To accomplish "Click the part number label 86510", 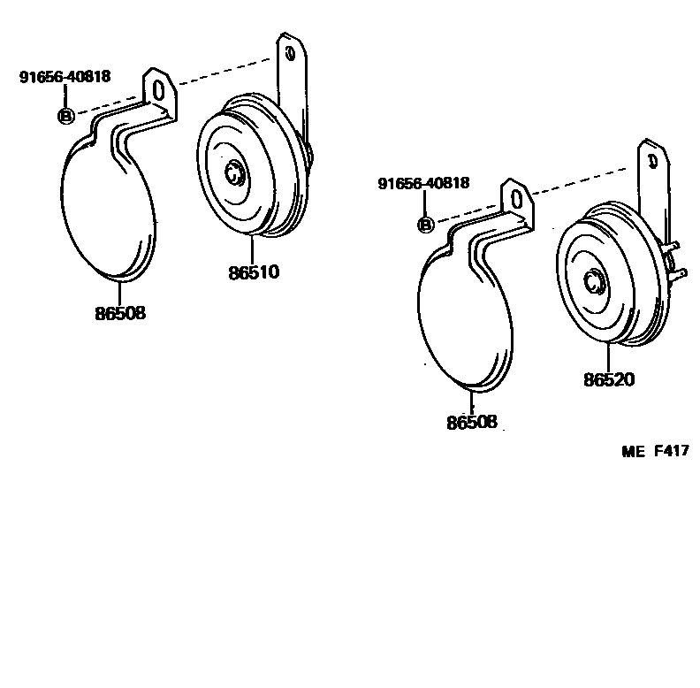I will pos(254,271).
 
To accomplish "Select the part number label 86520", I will pos(608,379).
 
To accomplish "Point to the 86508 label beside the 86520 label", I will pos(471,422).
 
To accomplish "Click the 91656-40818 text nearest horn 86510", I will pos(65,76).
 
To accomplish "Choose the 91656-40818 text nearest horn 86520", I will pos(422,184).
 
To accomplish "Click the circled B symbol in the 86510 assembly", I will pos(65,115).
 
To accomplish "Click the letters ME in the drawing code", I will pos(635,452).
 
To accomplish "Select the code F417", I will pos(671,452).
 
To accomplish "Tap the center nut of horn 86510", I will pos(235,172).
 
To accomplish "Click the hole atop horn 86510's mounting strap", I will pos(289,53).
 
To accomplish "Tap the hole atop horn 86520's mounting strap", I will pos(652,161).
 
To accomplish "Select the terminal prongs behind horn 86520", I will pos(675,262).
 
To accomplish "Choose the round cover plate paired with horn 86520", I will pos(464,318).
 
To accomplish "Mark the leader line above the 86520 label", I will pos(607,358).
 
